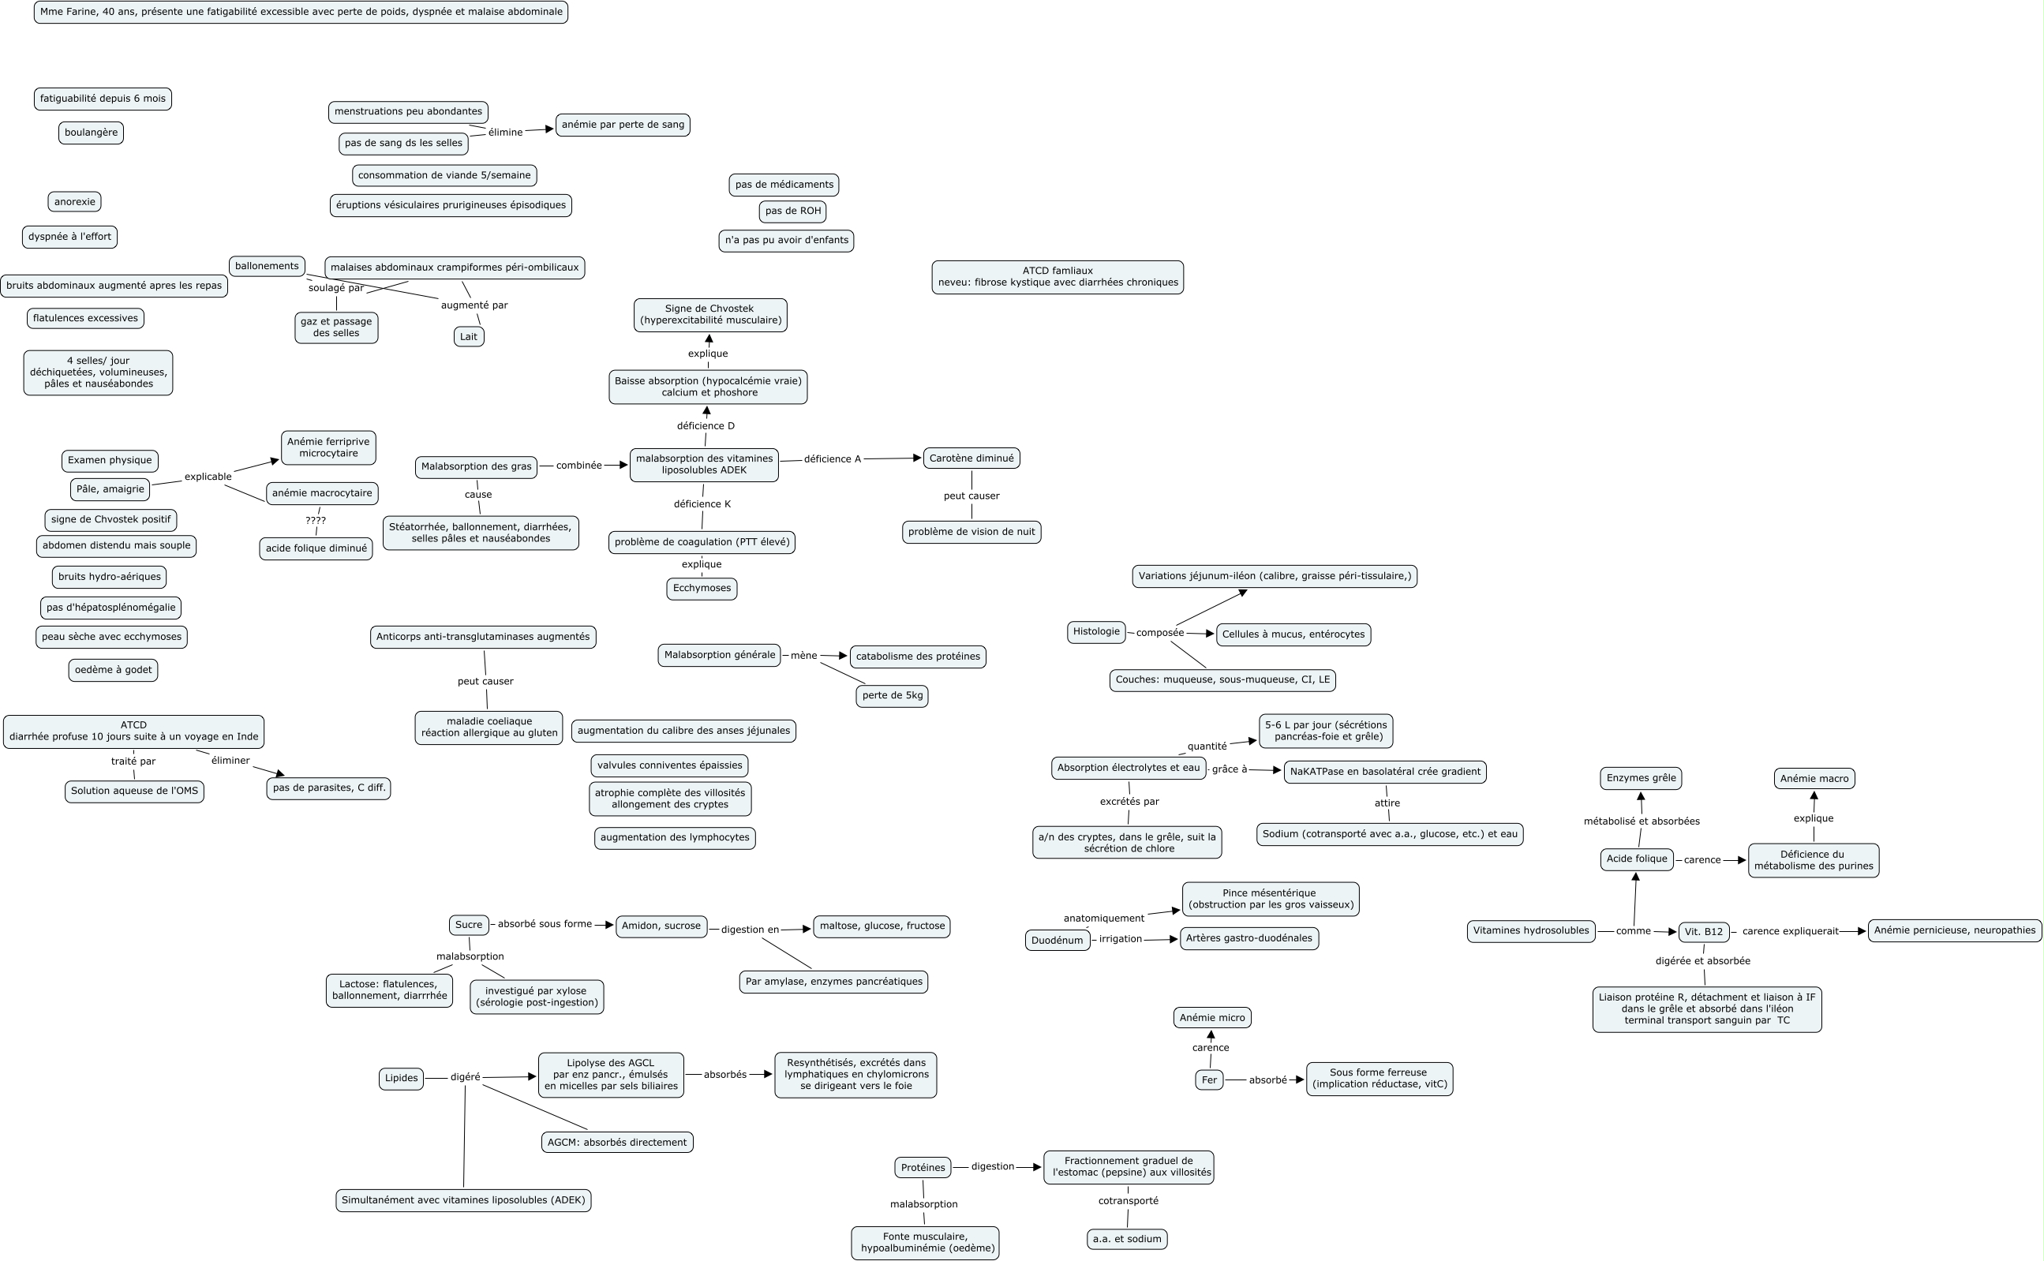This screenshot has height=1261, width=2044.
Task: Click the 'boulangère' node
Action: (91, 133)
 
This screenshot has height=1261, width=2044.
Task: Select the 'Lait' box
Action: (469, 337)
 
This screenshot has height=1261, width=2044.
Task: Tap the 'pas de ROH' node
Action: (792, 211)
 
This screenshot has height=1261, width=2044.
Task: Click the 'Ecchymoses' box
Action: (702, 589)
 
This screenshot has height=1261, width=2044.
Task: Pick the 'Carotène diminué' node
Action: (971, 458)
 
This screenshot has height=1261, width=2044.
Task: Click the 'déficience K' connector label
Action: (702, 504)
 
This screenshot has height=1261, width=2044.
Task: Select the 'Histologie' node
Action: (1096, 632)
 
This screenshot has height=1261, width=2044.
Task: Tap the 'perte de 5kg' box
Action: (892, 695)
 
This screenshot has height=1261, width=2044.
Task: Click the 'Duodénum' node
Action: (1057, 941)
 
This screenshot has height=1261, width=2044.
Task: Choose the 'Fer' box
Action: (1208, 1080)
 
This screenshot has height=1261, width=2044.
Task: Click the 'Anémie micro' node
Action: (1211, 1017)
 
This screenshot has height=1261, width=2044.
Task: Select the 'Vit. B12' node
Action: (1703, 933)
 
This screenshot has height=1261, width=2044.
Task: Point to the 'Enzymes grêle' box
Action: (1641, 778)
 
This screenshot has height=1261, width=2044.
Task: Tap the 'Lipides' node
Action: (401, 1079)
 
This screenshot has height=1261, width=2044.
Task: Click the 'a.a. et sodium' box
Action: (1127, 1240)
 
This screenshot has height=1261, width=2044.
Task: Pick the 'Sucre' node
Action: (468, 925)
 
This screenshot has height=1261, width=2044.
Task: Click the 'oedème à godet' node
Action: (113, 671)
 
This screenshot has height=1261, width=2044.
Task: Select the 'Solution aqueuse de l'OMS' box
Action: (134, 791)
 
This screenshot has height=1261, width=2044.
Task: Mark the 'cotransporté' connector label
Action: (1128, 1201)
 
